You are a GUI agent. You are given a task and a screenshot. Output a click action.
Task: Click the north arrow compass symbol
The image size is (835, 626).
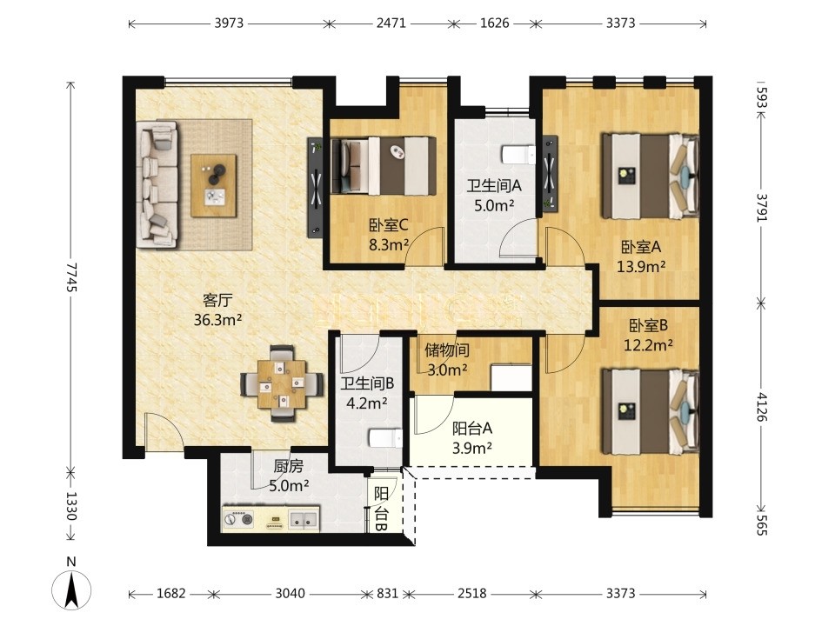[71, 589]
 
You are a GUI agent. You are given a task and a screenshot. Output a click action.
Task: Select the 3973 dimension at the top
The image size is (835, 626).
[229, 23]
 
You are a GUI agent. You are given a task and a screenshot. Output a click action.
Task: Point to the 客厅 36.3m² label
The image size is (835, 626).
[217, 310]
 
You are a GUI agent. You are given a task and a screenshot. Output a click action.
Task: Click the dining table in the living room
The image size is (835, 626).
[282, 383]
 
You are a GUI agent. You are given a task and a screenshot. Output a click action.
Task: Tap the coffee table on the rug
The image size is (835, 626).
[214, 185]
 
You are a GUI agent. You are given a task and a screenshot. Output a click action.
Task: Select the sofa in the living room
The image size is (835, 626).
[157, 184]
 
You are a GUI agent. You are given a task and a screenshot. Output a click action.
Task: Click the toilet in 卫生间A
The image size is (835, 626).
[518, 155]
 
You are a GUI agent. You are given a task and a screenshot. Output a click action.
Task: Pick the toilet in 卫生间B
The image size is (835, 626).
[385, 438]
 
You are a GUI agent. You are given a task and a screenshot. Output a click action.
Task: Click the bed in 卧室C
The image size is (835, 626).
[383, 165]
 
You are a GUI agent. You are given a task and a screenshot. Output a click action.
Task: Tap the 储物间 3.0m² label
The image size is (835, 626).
[447, 360]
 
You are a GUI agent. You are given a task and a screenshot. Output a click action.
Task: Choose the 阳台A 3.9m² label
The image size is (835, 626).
[471, 438]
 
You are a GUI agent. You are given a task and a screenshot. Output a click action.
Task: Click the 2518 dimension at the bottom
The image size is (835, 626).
[471, 593]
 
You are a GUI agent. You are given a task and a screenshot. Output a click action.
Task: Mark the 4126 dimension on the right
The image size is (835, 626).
[762, 407]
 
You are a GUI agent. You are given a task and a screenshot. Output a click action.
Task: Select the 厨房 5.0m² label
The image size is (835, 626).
[289, 476]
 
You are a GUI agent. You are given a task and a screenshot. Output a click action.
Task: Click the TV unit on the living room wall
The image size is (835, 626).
[315, 187]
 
